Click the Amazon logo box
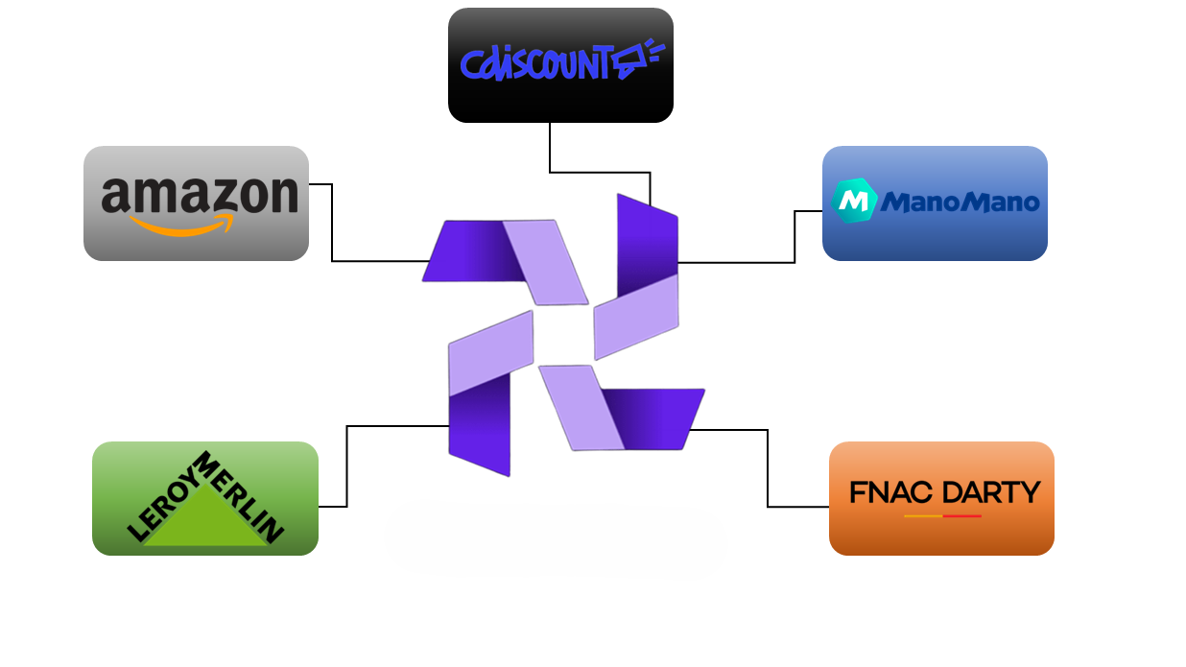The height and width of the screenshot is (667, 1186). [196, 203]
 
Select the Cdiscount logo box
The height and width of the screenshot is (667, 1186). [560, 65]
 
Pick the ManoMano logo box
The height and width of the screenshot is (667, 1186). [935, 203]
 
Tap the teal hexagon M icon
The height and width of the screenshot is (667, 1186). [853, 201]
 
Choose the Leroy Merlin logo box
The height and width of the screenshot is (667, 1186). [204, 498]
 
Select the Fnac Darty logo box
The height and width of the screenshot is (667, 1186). [941, 498]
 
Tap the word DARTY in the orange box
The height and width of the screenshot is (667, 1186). [991, 493]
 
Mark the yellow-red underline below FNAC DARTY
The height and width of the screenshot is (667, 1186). [942, 516]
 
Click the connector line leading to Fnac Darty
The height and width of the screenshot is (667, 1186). [768, 470]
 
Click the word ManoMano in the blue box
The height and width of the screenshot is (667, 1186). [960, 202]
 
